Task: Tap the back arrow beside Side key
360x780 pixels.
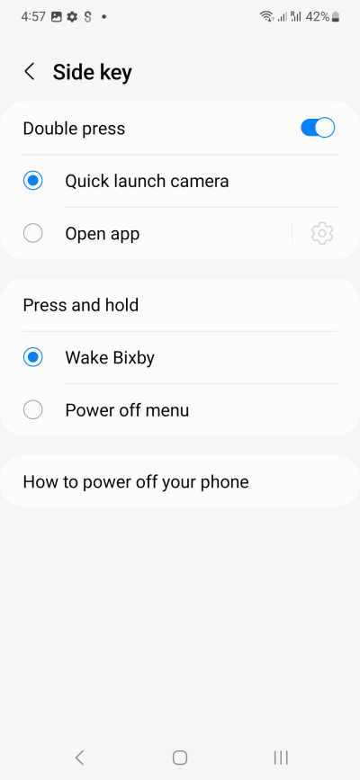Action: (x=30, y=72)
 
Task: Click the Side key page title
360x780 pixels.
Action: (x=92, y=72)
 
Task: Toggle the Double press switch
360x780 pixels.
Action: (x=318, y=128)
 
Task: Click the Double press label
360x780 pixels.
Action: (x=74, y=129)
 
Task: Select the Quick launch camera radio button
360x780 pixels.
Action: (x=33, y=181)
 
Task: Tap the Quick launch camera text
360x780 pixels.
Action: (x=147, y=181)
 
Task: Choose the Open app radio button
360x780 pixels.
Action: (x=33, y=233)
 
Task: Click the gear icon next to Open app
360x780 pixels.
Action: (x=322, y=233)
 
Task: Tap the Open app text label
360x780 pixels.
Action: (x=102, y=234)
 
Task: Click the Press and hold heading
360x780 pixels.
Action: (x=81, y=305)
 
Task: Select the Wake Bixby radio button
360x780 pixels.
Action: (x=33, y=357)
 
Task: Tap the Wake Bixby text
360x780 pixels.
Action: (x=110, y=358)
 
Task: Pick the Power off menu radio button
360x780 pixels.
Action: (x=33, y=410)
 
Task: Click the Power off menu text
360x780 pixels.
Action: (x=127, y=410)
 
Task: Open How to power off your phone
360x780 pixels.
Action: (x=136, y=481)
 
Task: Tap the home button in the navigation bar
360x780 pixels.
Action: (x=180, y=758)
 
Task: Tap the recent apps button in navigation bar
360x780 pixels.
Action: (x=281, y=758)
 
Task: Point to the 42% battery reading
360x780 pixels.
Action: (x=317, y=17)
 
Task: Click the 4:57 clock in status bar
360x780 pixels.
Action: (x=32, y=17)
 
